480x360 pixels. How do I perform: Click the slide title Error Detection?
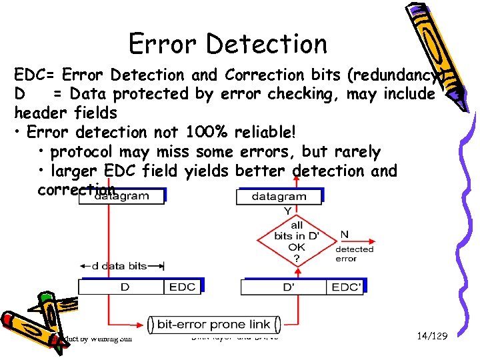pos(228,44)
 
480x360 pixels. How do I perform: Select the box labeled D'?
pos(283,287)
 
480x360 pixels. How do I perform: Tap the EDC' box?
pos(347,287)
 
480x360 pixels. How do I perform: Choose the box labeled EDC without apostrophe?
pos(182,287)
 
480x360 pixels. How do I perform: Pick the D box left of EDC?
pos(123,287)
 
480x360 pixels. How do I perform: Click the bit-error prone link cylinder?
pos(213,325)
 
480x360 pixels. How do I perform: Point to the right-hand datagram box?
pos(279,197)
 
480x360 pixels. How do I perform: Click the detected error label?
pos(355,253)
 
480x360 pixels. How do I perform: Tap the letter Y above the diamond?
pos(288,211)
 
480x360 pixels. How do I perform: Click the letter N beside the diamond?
pos(345,235)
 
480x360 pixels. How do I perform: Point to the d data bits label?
pos(119,265)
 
